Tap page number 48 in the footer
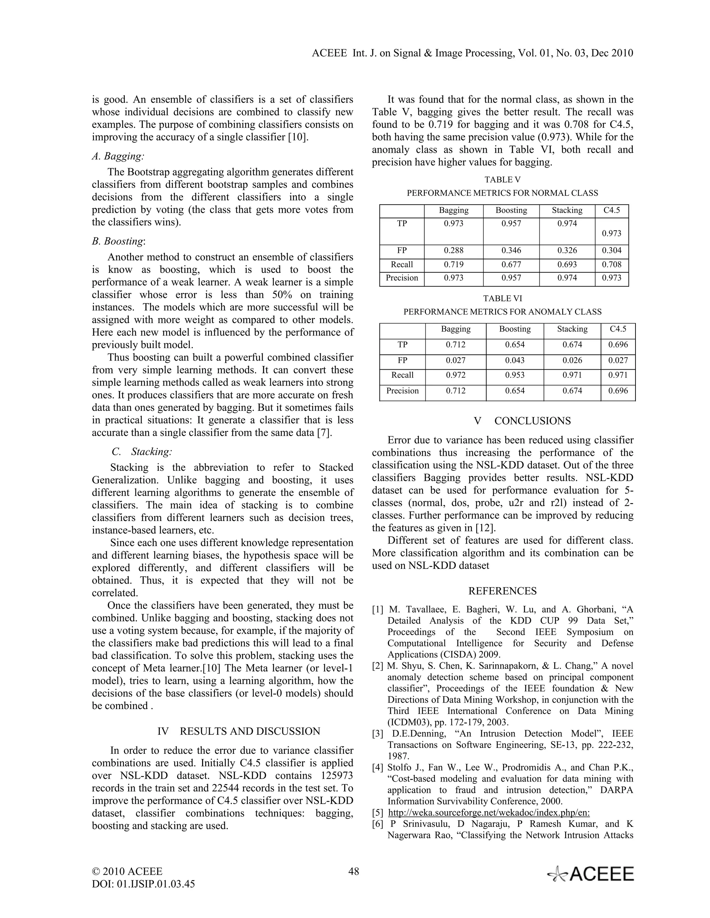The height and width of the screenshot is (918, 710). point(354,871)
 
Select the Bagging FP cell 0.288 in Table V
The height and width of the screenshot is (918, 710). point(453,250)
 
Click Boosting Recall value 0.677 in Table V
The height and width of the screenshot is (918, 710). point(511,264)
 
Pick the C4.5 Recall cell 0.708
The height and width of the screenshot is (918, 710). point(612,264)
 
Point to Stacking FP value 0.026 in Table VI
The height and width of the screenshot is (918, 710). point(572,360)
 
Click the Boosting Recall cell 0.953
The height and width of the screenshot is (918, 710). point(515,375)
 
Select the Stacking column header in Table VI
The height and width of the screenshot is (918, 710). point(572,329)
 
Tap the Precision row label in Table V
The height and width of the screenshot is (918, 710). point(402,278)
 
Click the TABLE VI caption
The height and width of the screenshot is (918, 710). point(502,298)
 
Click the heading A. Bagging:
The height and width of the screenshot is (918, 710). point(118,156)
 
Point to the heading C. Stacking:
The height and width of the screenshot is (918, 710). point(142,452)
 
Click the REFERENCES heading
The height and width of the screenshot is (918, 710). point(502,591)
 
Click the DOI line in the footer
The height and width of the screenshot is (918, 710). point(144,884)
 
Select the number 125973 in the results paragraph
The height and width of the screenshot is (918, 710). point(337,776)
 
